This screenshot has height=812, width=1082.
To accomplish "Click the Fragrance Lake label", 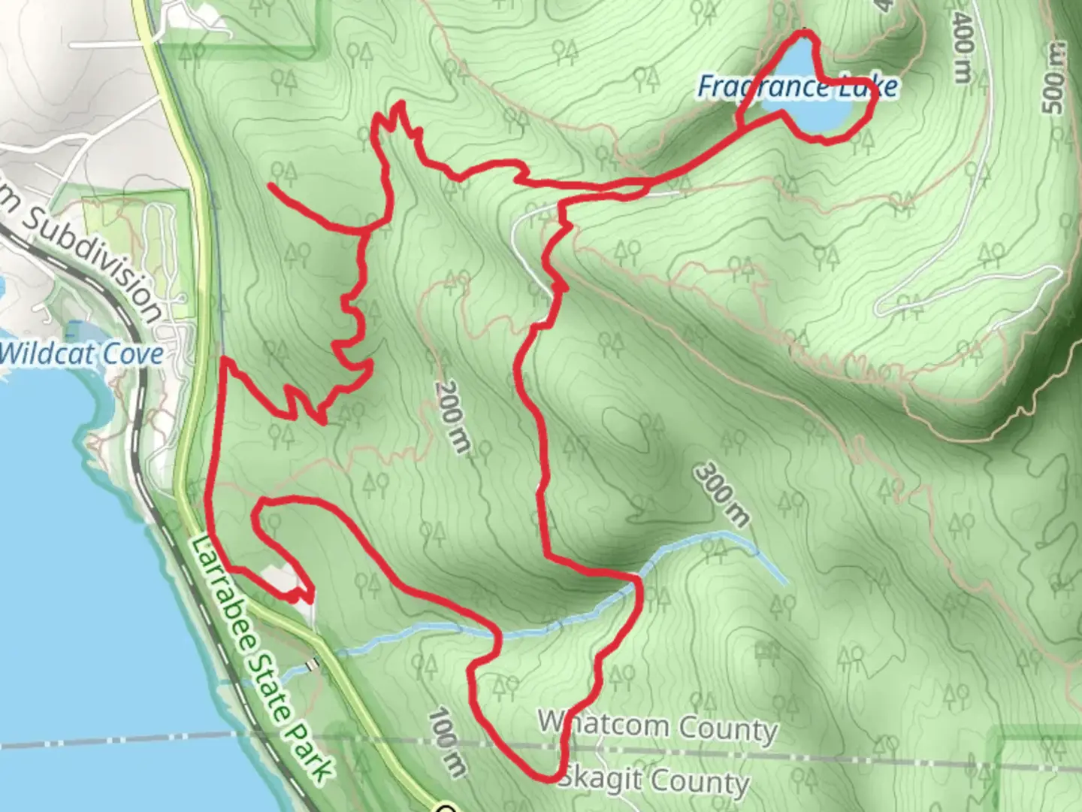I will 797,87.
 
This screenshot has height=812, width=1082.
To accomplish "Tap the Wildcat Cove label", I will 81,353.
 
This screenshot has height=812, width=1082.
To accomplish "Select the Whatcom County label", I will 657,726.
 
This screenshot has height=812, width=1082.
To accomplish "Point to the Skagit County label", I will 654,780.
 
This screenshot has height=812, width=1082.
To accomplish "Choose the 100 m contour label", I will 446,741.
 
